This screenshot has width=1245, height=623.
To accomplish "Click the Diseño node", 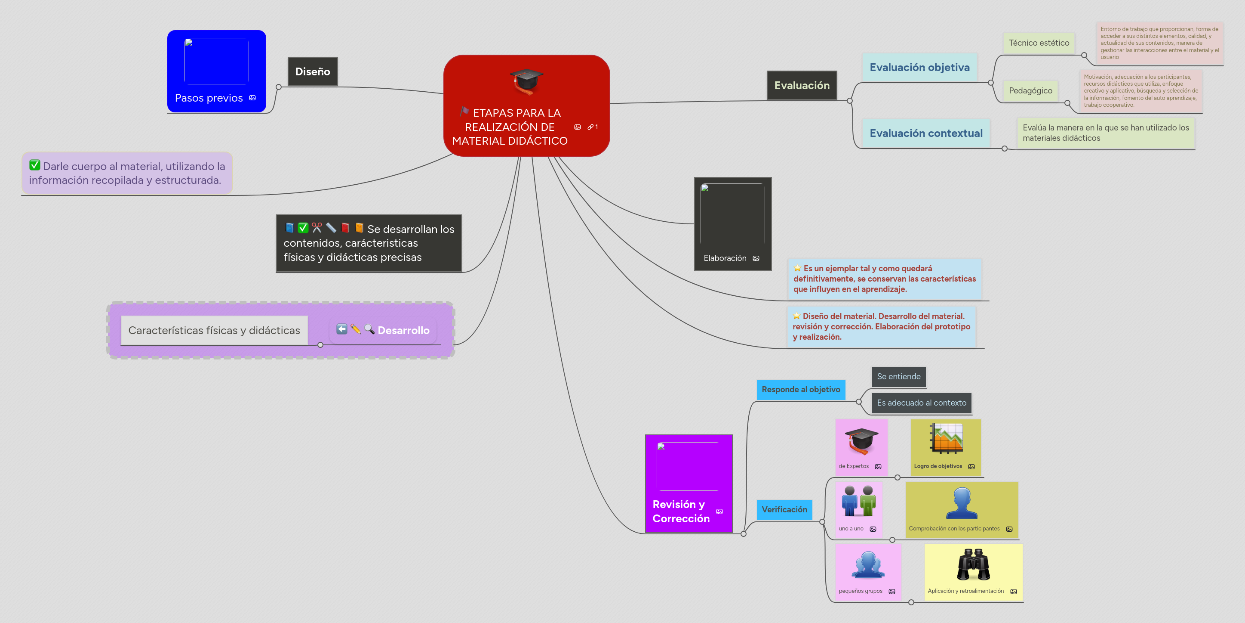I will [x=312, y=71].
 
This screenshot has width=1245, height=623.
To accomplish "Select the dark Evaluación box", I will [x=801, y=86].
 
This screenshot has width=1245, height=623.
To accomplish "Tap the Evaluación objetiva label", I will [x=919, y=67].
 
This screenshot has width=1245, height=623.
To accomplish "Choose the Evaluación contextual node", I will [x=925, y=133].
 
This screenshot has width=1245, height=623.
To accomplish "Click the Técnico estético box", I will [x=1039, y=43].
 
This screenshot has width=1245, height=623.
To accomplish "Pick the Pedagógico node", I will [x=1030, y=90].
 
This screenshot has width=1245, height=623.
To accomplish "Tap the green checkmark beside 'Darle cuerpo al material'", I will [x=35, y=165].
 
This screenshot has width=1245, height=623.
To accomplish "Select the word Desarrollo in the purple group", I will [x=403, y=330].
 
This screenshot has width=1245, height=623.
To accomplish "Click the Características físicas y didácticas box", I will [x=214, y=330].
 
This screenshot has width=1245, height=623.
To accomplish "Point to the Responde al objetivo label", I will [x=800, y=389].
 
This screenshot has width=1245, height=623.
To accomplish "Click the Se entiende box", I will [x=898, y=376].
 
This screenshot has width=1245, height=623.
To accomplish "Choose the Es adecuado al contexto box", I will [x=921, y=403].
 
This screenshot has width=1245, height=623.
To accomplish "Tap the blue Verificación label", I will [x=784, y=509].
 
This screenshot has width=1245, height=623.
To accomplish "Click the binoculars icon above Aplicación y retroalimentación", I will [x=973, y=564].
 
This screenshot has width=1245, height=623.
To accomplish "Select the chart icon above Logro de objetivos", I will [x=946, y=438].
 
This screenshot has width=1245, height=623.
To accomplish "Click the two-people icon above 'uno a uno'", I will [x=858, y=501].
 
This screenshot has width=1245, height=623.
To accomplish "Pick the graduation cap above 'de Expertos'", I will [x=861, y=440].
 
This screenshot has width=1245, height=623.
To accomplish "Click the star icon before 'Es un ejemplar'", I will [x=797, y=268].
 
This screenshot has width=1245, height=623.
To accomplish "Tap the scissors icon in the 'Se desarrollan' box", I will [x=317, y=228].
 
